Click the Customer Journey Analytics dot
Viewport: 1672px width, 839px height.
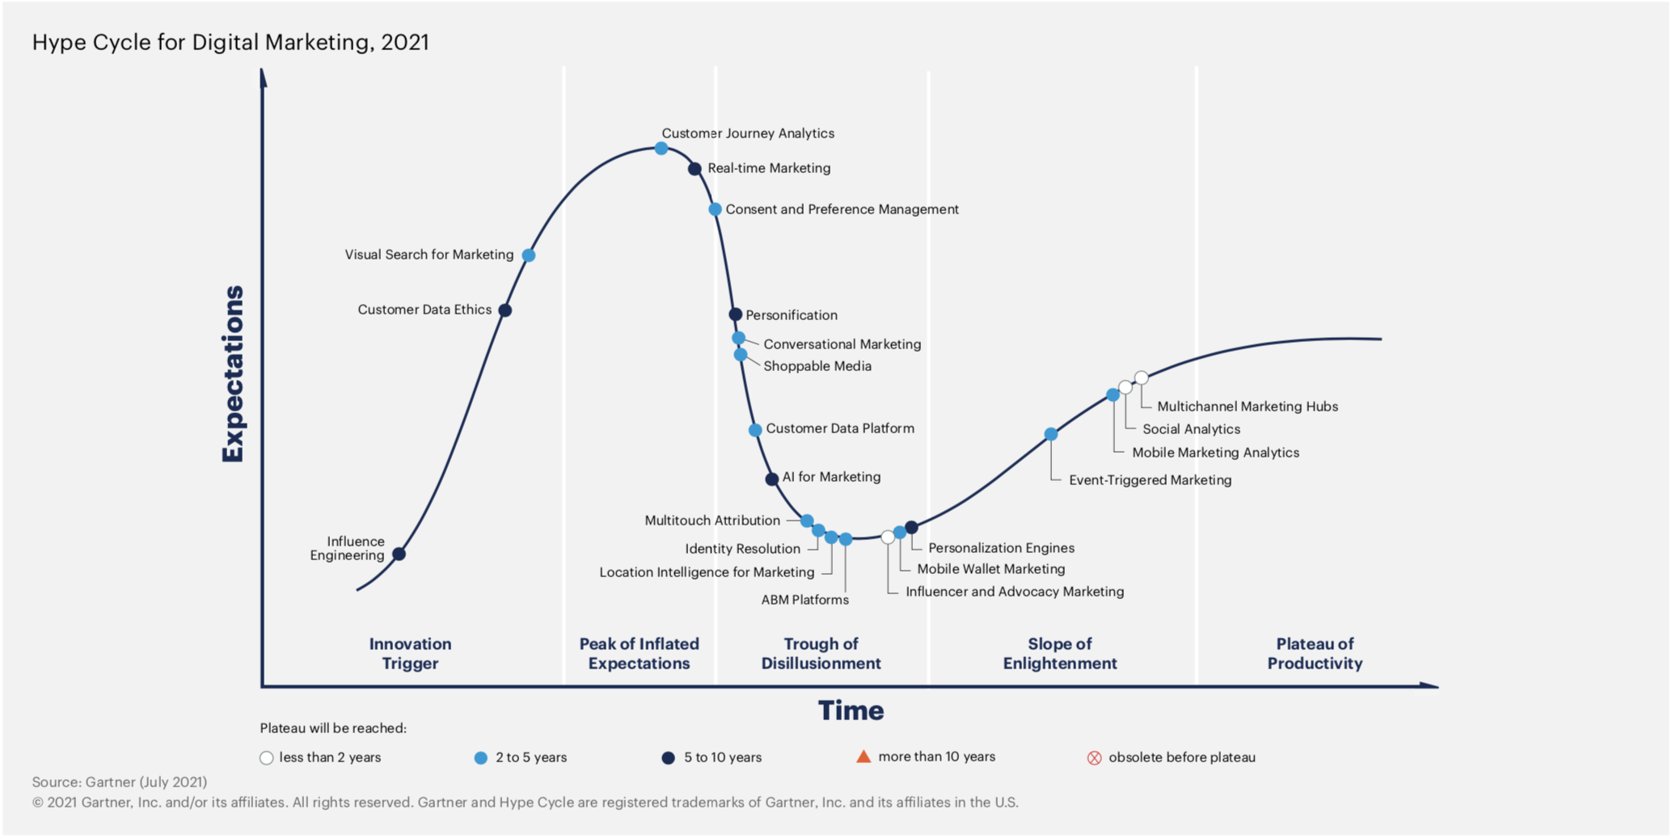(x=661, y=149)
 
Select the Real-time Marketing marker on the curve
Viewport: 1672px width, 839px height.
(x=695, y=169)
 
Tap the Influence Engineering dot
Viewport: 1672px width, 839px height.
(x=399, y=554)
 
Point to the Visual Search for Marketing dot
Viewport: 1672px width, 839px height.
(x=529, y=255)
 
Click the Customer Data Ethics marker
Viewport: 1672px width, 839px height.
(x=505, y=310)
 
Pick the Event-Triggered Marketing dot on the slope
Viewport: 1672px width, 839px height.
(x=1051, y=435)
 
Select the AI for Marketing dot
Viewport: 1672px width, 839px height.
(x=772, y=479)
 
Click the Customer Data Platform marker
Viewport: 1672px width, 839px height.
(x=755, y=430)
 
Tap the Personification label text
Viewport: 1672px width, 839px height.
(x=791, y=315)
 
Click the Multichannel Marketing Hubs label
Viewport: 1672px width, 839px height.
(x=1247, y=407)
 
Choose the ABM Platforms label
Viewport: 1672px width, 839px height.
(x=804, y=600)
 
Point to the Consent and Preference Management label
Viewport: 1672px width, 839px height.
(x=842, y=209)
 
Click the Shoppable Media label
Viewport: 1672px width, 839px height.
(x=817, y=366)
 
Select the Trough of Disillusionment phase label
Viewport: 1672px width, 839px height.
(x=821, y=654)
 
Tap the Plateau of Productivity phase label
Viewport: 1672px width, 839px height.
(x=1315, y=654)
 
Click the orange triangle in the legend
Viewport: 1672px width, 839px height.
(x=863, y=757)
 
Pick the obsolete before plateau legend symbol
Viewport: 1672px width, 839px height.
(x=1094, y=758)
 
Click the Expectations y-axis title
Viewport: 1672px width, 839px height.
(x=233, y=373)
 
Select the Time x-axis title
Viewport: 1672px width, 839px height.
(x=851, y=710)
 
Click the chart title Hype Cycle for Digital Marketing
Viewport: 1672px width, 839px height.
(x=230, y=42)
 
